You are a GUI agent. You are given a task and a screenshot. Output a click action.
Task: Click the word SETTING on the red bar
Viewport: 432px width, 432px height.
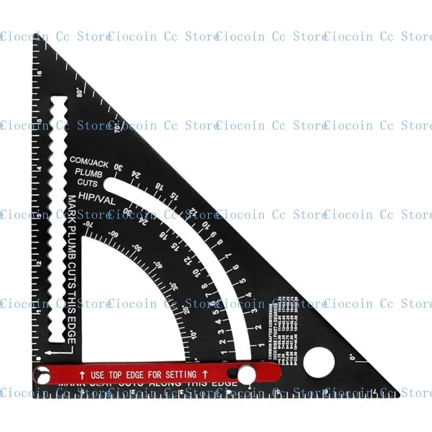[173, 374]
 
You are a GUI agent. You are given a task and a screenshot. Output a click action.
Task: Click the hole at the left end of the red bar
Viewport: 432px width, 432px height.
[41, 374]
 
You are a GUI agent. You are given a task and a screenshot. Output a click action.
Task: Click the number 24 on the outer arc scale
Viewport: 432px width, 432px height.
[136, 174]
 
